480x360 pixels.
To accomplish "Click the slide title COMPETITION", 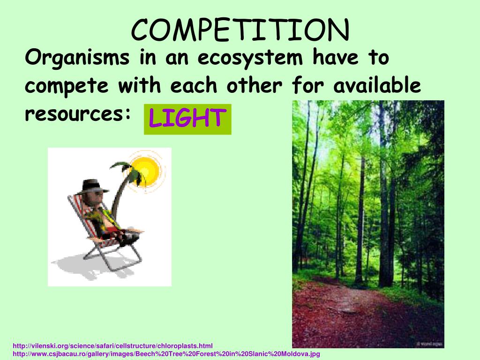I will (240, 30).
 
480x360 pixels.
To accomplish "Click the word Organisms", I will (77, 59).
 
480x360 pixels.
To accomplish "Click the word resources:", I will (77, 114).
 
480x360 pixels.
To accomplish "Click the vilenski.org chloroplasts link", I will (112, 346).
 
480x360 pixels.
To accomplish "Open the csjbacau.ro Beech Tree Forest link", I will (166, 354).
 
